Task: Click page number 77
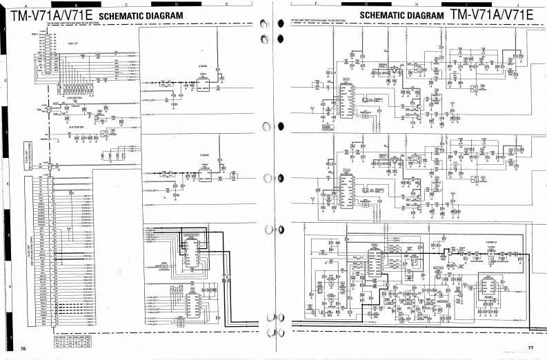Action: coord(531,348)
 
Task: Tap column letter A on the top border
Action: coord(26,5)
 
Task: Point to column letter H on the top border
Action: coord(417,5)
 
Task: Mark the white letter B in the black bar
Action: coord(76,5)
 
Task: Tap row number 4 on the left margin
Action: coord(5,185)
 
